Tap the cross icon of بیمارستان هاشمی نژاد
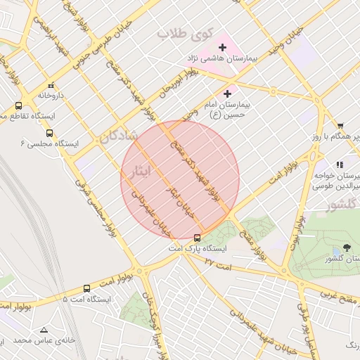[223, 48]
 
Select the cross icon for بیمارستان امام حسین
[227, 94]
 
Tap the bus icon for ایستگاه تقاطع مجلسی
[18, 105]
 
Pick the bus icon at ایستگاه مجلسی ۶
[49, 132]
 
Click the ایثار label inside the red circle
[140, 171]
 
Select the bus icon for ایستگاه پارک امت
[197, 238]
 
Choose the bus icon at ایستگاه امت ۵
[86, 288]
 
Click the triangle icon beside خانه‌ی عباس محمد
[44, 329]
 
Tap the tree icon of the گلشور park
[347, 247]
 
